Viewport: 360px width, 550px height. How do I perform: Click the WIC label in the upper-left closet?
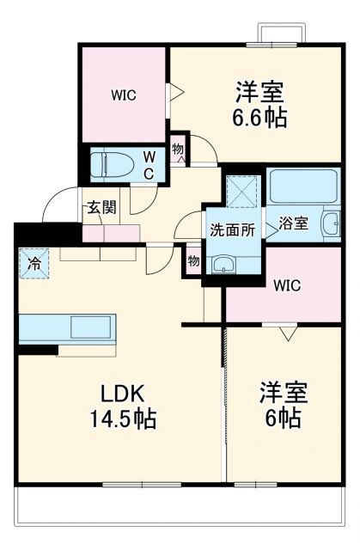tap(124, 95)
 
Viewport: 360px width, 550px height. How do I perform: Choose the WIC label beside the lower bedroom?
tap(287, 285)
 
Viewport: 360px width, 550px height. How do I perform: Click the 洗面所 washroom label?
tap(232, 229)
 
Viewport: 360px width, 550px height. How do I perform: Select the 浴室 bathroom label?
tap(294, 223)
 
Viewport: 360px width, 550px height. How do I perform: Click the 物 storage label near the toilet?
tap(178, 149)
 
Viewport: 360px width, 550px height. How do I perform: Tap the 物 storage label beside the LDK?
tap(194, 260)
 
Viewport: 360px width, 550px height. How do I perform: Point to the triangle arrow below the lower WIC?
tap(287, 330)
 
